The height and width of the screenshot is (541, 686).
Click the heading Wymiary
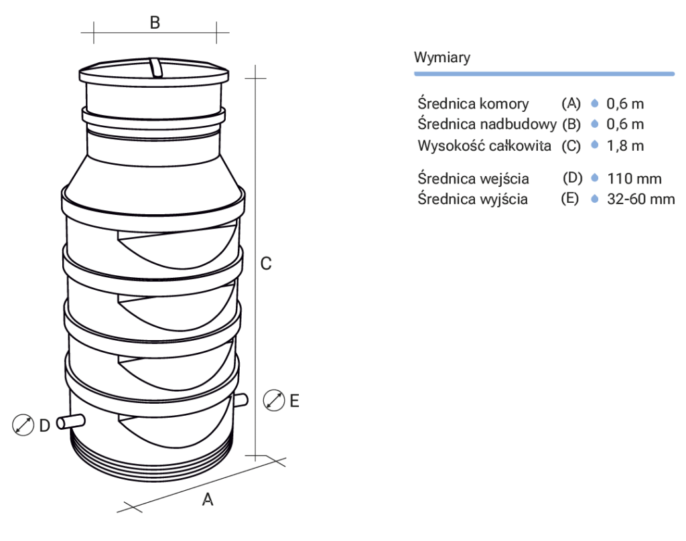click(x=442, y=58)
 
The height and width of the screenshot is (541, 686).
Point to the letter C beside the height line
click(x=266, y=264)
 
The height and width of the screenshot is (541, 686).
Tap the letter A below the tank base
click(x=208, y=499)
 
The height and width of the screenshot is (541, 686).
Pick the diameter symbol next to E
click(x=273, y=400)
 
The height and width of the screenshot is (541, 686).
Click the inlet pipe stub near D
click(x=70, y=422)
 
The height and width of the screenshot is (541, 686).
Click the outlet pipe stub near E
click(x=241, y=400)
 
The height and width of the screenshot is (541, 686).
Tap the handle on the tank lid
click(x=155, y=68)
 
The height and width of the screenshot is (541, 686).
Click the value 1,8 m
click(x=625, y=145)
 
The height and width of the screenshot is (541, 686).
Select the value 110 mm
click(x=634, y=179)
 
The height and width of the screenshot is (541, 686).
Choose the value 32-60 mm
click(x=641, y=200)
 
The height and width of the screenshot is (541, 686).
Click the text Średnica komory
click(x=473, y=104)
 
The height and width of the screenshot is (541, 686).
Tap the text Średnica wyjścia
click(x=472, y=200)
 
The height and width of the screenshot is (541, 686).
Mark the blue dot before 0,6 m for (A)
click(x=594, y=104)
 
